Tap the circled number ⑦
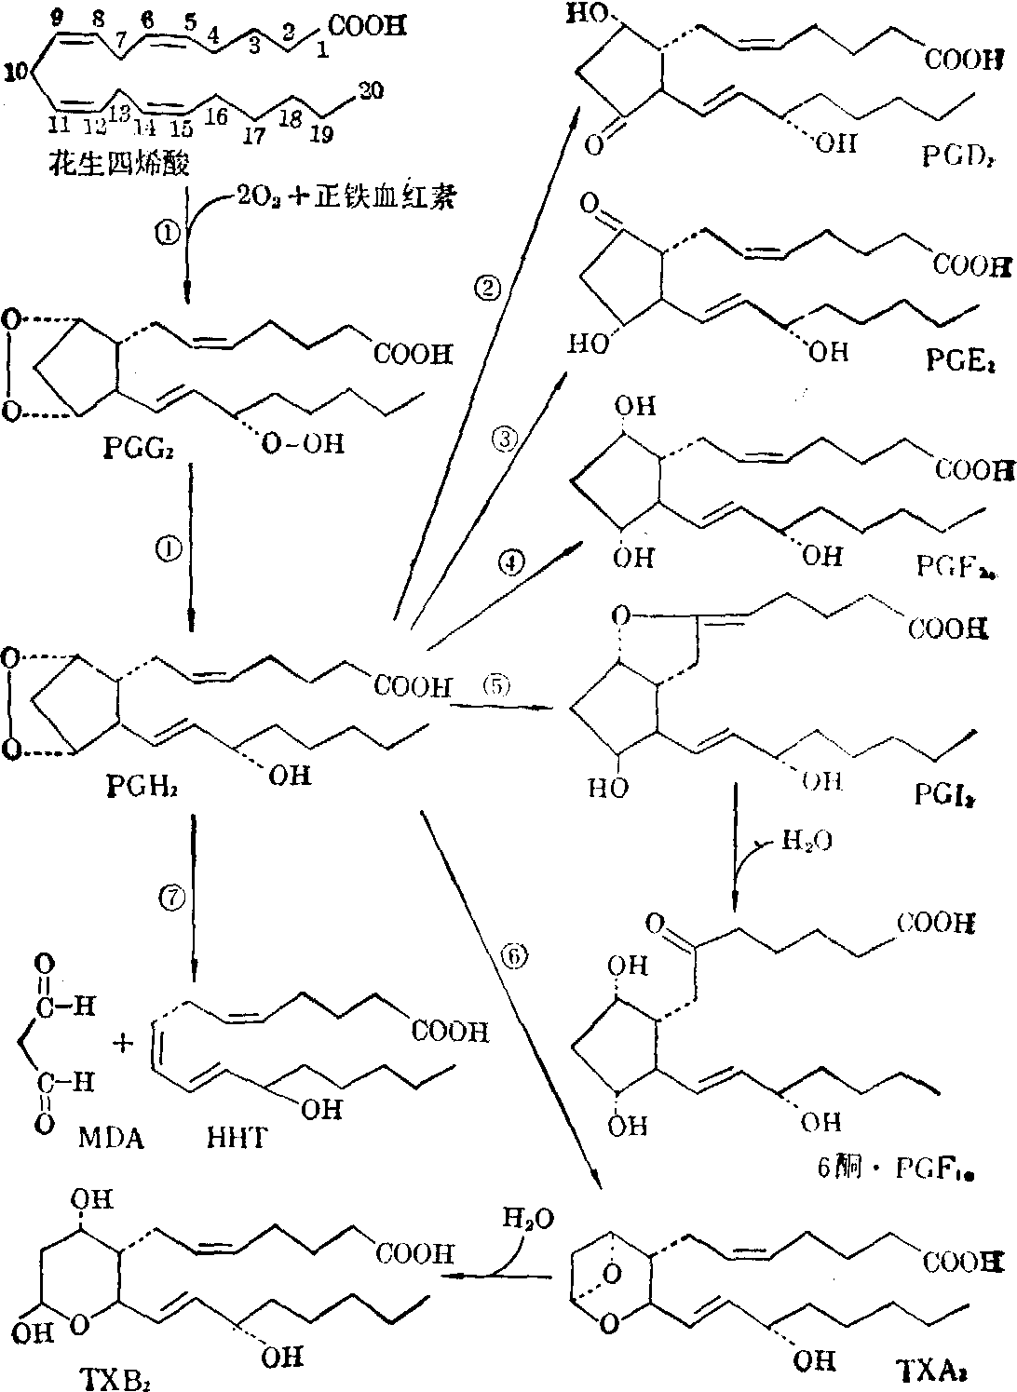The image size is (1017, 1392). tap(173, 897)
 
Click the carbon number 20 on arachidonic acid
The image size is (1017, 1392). tap(369, 89)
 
